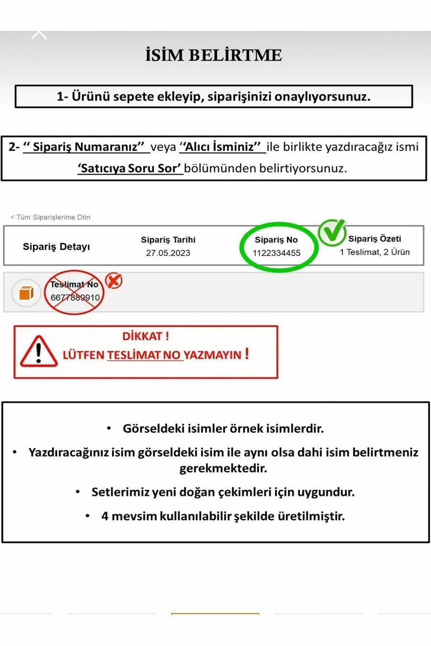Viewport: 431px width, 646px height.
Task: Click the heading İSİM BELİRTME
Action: click(x=214, y=55)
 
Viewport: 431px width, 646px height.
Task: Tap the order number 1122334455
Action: click(x=277, y=253)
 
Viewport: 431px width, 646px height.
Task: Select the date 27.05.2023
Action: click(x=168, y=253)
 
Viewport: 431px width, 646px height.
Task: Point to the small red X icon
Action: click(x=114, y=280)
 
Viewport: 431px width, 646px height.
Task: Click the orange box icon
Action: click(x=26, y=293)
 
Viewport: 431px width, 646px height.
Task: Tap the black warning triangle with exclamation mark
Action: click(x=39, y=352)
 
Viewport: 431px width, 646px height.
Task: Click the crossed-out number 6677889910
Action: click(x=75, y=298)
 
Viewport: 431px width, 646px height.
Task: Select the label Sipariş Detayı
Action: click(x=57, y=246)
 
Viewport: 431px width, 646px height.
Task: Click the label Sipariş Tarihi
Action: click(x=168, y=240)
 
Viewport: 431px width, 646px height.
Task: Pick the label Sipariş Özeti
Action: click(x=374, y=239)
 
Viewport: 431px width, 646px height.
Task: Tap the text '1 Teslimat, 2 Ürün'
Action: click(x=374, y=252)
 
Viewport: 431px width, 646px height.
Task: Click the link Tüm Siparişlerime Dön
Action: click(x=51, y=217)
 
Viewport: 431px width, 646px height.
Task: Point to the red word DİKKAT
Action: click(x=142, y=336)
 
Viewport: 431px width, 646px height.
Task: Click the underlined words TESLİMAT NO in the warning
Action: click(x=144, y=355)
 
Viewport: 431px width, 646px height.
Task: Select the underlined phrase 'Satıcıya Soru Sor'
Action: click(x=129, y=168)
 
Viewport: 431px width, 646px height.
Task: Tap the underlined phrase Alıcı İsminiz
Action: click(x=222, y=147)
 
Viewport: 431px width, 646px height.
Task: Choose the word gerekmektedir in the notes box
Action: click(x=223, y=468)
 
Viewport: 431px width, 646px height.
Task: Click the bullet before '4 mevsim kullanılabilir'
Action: click(x=88, y=516)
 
